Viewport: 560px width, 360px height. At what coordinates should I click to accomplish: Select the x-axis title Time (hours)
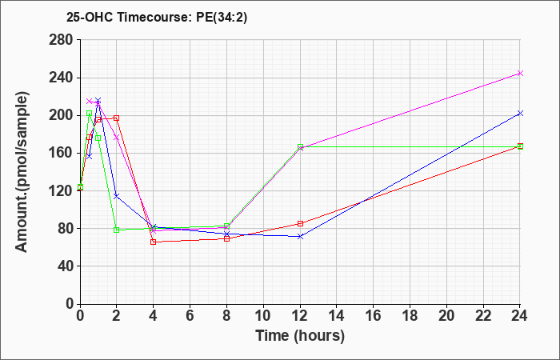click(x=300, y=335)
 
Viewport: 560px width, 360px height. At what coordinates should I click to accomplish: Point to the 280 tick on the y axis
click(x=61, y=40)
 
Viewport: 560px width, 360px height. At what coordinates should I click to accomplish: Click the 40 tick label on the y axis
click(x=64, y=266)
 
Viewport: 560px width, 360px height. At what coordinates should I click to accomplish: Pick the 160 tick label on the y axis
click(x=61, y=153)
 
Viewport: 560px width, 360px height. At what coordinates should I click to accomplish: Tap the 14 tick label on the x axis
click(x=337, y=316)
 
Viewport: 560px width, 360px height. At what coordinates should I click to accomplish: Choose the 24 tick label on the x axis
click(x=520, y=316)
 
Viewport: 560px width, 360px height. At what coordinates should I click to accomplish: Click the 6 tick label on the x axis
click(x=190, y=316)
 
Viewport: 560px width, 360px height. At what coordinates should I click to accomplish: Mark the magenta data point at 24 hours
click(x=520, y=73)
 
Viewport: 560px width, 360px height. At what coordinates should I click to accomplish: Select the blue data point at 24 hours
click(x=520, y=114)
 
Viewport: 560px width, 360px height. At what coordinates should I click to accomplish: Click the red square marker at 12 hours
click(x=300, y=223)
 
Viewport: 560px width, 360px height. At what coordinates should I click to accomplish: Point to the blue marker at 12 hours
click(x=300, y=236)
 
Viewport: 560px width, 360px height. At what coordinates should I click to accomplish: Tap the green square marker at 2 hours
click(x=117, y=230)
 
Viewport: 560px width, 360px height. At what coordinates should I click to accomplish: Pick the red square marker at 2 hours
click(x=117, y=118)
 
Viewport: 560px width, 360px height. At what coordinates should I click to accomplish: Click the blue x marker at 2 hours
click(x=117, y=196)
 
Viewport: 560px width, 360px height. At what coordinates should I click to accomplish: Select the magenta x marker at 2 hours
click(x=117, y=137)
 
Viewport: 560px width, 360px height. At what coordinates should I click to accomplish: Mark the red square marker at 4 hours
click(x=154, y=242)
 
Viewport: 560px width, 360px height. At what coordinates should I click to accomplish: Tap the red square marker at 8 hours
click(x=227, y=238)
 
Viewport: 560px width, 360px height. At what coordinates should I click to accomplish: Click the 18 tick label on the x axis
click(x=410, y=316)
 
